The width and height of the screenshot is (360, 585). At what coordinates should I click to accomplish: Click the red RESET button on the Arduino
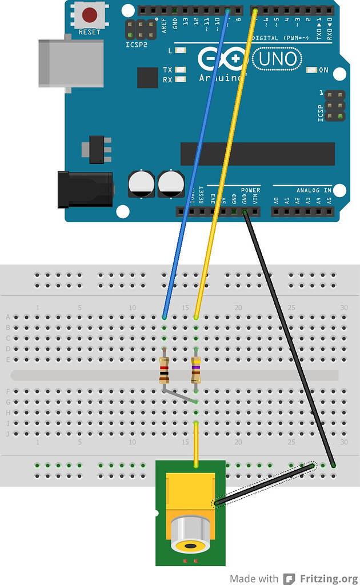click(x=89, y=14)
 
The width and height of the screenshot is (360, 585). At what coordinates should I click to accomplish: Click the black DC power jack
click(x=86, y=189)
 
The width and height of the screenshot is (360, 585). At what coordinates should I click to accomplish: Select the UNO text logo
click(x=277, y=58)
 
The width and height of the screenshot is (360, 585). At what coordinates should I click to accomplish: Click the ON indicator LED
click(x=311, y=70)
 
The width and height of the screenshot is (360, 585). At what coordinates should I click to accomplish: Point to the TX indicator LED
click(x=181, y=70)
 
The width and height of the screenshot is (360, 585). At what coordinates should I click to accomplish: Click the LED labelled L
click(x=181, y=50)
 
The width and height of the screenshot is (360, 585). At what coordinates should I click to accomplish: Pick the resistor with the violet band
click(x=196, y=369)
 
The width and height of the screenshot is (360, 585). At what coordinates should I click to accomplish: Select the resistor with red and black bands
click(x=164, y=369)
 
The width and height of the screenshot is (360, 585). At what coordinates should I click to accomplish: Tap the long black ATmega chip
click(x=257, y=154)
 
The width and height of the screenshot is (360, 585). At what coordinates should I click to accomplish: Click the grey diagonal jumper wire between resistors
click(x=180, y=397)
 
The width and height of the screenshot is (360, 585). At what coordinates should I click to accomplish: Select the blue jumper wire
click(x=194, y=166)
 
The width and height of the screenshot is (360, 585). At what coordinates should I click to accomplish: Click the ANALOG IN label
click(x=313, y=190)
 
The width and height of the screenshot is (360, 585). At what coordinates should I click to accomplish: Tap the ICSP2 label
click(x=136, y=44)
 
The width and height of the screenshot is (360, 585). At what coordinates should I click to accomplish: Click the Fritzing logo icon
click(x=290, y=578)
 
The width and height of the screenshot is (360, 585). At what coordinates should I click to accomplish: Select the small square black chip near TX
click(x=147, y=78)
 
